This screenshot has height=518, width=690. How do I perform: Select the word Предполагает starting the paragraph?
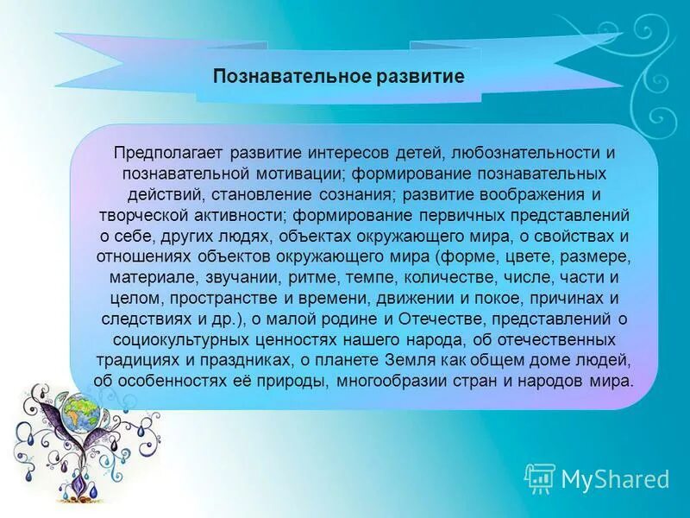click(x=164, y=152)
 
